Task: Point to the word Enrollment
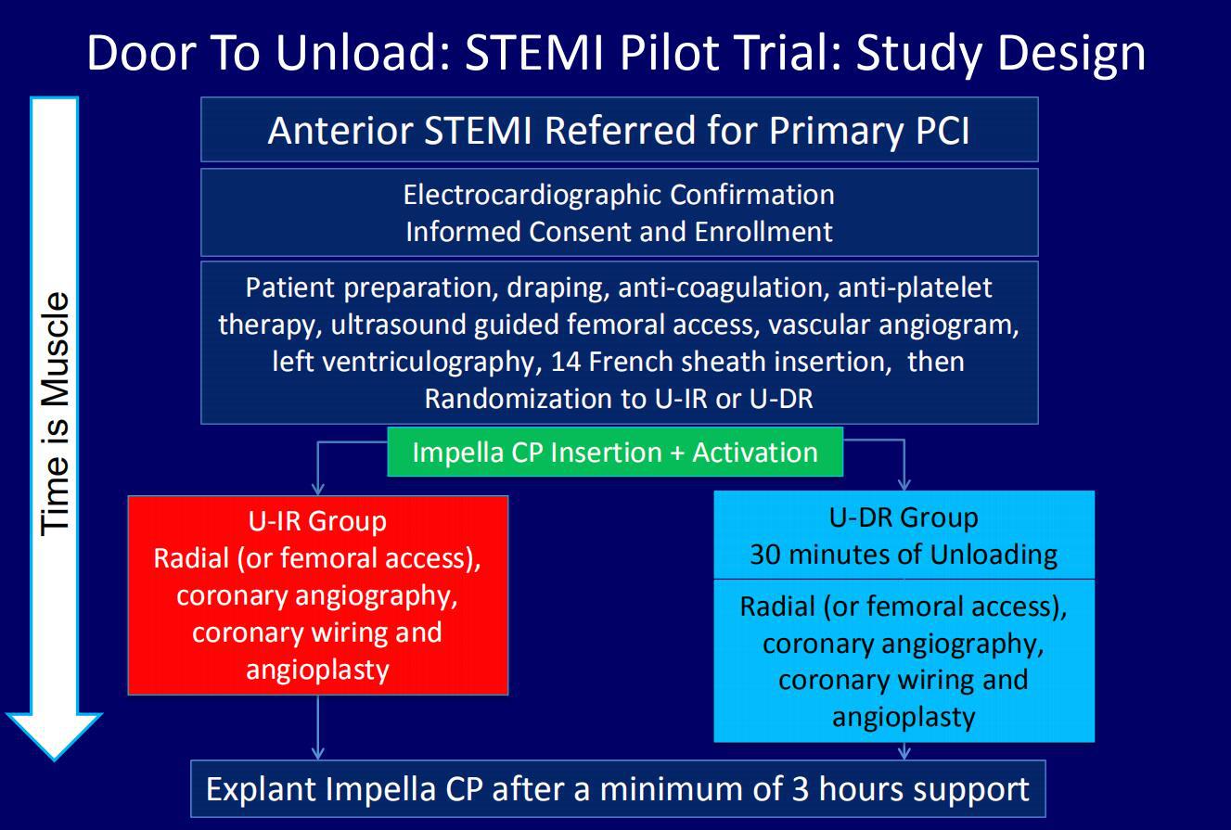763,231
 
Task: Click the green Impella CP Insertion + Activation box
615,452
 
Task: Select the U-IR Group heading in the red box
317,521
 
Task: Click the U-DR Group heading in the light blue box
904,517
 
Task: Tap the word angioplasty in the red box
317,670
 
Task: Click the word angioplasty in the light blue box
904,718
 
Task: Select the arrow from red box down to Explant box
317,727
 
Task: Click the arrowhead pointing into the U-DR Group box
904,484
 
